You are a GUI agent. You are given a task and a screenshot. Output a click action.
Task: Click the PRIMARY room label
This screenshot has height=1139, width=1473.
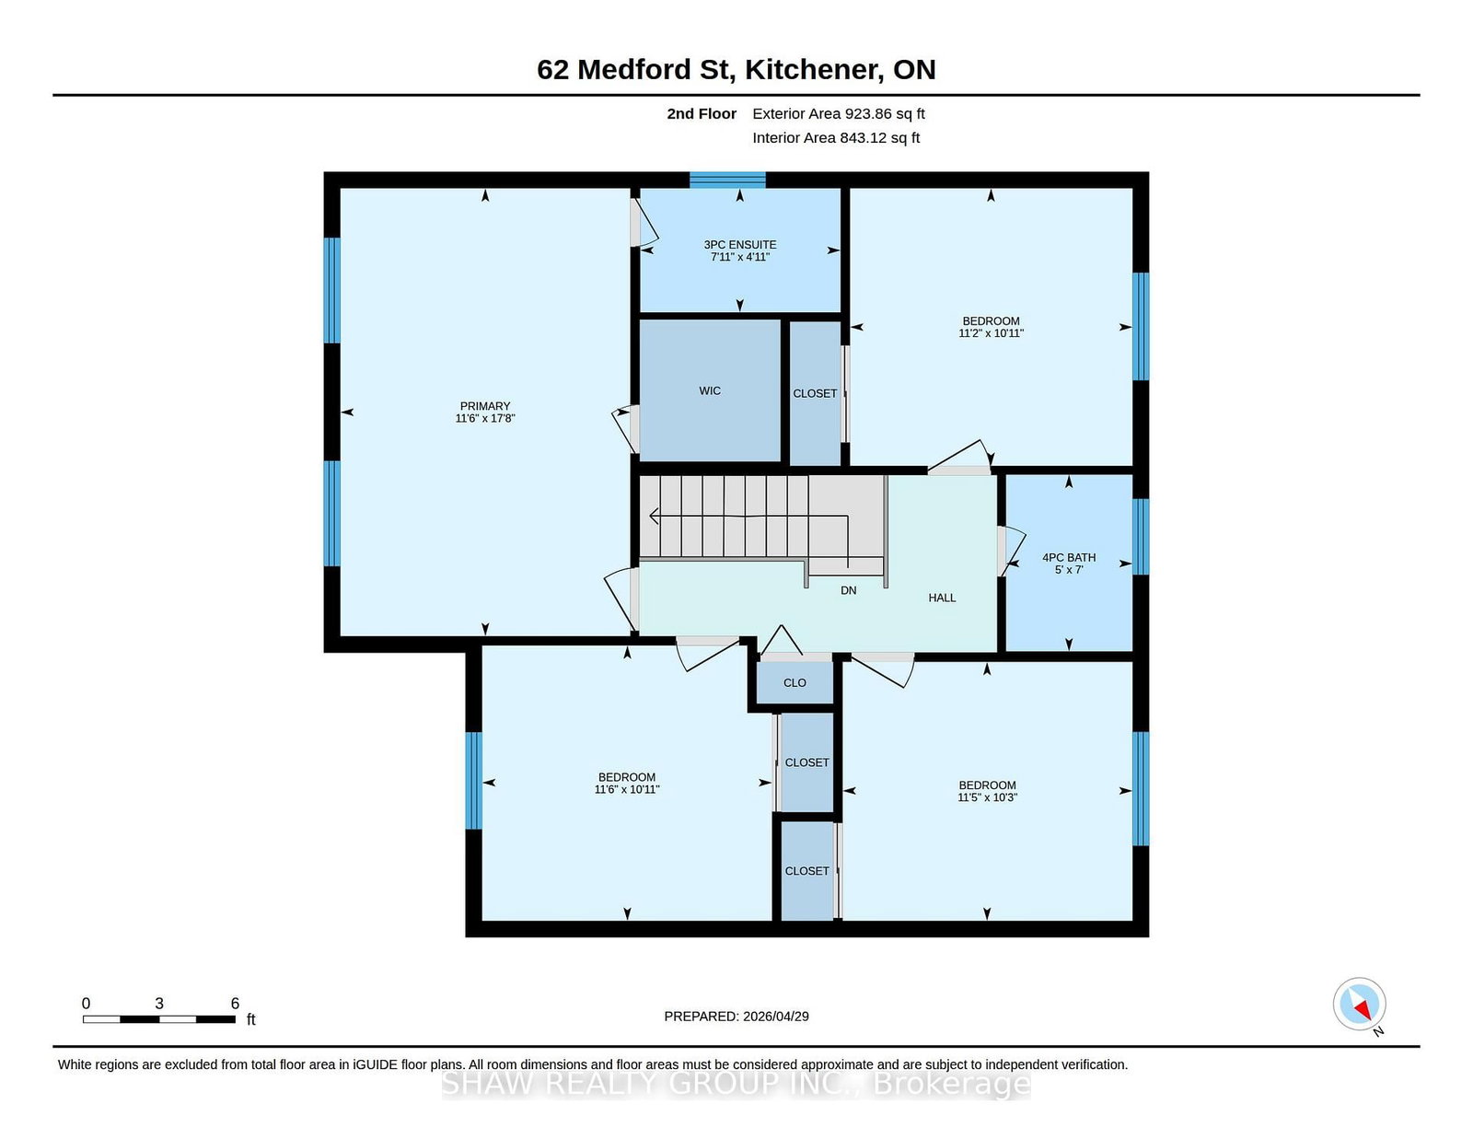click(484, 406)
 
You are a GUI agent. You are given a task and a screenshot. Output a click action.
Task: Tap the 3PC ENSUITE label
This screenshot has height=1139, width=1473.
click(739, 245)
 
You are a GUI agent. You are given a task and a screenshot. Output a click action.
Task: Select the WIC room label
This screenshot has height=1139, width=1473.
click(710, 390)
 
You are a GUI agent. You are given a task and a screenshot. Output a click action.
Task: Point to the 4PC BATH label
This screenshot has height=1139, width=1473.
click(1068, 557)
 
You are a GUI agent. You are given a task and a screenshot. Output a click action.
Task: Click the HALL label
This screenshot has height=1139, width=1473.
click(942, 598)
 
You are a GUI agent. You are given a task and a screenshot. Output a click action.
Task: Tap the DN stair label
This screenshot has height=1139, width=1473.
click(848, 590)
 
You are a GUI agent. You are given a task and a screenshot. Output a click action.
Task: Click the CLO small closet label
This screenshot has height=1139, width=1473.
click(794, 682)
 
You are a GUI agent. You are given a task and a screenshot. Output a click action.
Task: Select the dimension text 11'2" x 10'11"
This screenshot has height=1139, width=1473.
click(991, 333)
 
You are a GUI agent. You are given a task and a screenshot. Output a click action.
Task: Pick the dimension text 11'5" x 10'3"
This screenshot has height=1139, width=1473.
click(987, 797)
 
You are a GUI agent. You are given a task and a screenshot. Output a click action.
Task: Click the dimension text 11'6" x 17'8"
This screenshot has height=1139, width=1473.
click(484, 418)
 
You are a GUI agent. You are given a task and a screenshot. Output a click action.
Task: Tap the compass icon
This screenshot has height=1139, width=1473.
click(1359, 1004)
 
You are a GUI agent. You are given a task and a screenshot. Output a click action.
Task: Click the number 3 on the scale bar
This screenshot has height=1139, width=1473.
click(159, 1004)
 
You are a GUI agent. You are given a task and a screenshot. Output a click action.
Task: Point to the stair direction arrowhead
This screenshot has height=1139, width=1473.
click(654, 516)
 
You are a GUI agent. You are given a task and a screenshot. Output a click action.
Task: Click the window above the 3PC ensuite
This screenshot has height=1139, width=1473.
click(727, 180)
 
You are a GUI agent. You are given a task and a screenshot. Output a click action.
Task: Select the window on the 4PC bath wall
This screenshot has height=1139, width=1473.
click(1141, 536)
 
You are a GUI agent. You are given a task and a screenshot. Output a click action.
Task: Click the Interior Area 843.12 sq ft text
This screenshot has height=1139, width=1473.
click(836, 137)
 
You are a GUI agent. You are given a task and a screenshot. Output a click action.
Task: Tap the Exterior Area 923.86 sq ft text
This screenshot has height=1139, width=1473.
click(839, 114)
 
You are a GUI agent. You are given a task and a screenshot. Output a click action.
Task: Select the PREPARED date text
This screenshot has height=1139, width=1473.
click(736, 1017)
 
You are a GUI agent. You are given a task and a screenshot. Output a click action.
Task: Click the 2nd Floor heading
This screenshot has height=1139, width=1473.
click(701, 114)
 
